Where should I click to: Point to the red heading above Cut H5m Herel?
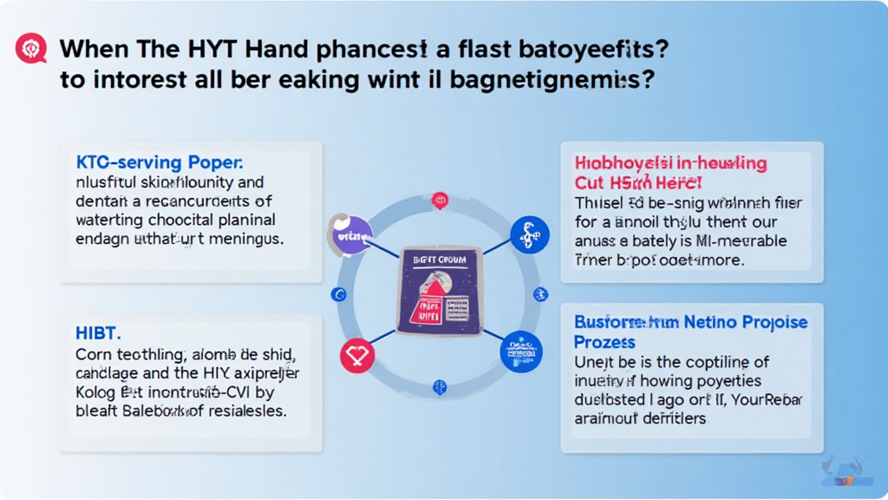pyautogui.click(x=670, y=163)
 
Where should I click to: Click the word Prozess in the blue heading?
pyautogui.click(x=605, y=342)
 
